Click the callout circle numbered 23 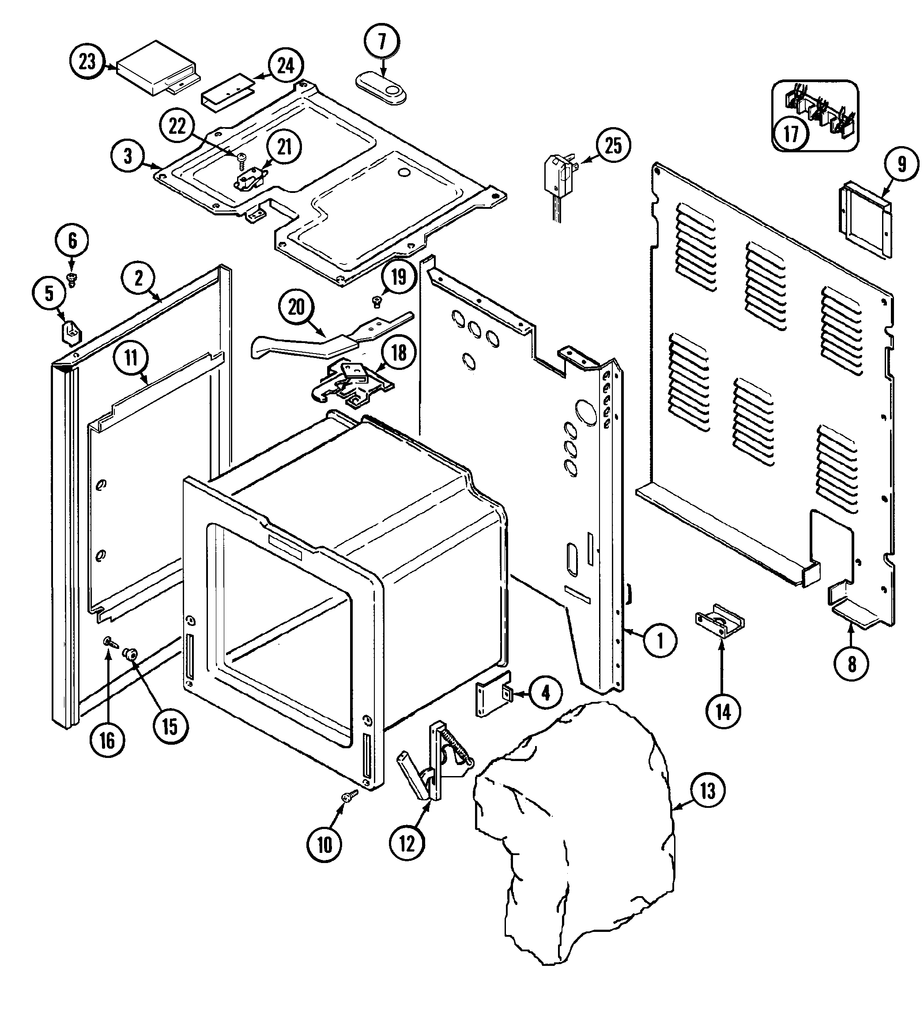pyautogui.click(x=87, y=61)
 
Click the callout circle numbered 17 pyautogui.click(x=791, y=134)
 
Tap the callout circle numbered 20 pyautogui.click(x=296, y=307)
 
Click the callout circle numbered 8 pyautogui.click(x=852, y=664)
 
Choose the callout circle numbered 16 pyautogui.click(x=107, y=741)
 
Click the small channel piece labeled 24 pyautogui.click(x=227, y=93)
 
